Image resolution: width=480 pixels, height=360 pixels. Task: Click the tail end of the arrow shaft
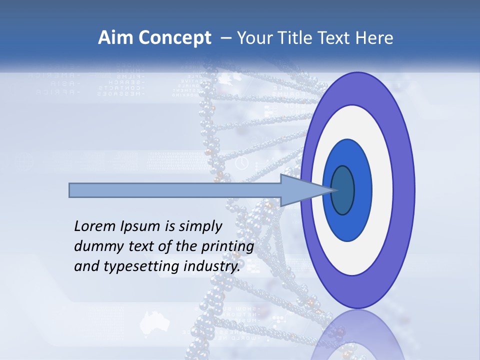(71, 190)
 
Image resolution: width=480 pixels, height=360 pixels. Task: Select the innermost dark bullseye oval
(343, 190)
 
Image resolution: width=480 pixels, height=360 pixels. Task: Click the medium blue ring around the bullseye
(362, 190)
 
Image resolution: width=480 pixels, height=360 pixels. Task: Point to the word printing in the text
(228, 247)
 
